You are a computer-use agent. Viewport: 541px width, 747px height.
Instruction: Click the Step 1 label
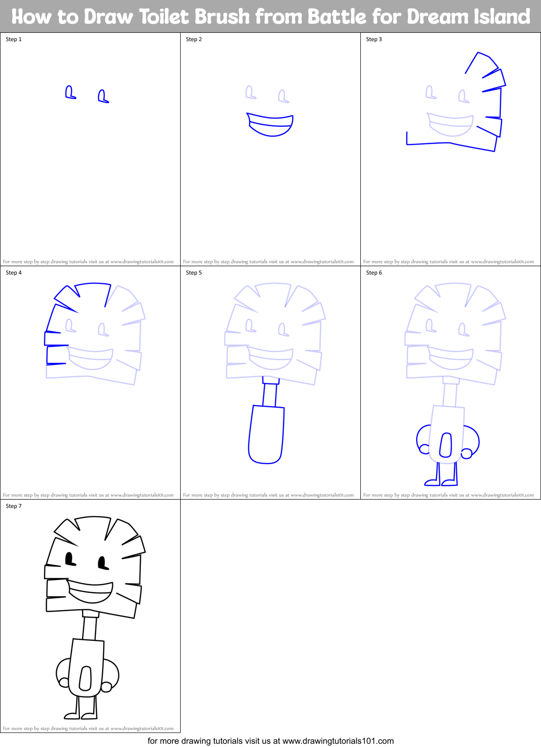14,39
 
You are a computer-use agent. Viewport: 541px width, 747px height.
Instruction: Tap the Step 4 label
14,273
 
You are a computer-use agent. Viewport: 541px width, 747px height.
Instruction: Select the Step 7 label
14,506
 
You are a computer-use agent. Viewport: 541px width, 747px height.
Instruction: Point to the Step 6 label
374,273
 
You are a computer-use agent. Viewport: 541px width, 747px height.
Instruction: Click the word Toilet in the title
166,17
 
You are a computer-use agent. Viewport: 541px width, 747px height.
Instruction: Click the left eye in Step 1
70,92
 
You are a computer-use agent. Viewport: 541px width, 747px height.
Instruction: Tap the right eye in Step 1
102,97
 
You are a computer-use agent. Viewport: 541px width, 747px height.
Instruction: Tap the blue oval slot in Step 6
446,445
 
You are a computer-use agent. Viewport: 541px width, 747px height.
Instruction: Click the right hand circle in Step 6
467,453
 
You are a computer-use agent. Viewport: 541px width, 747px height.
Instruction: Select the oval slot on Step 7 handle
85,679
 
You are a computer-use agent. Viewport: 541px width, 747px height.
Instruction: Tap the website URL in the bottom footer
338,741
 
